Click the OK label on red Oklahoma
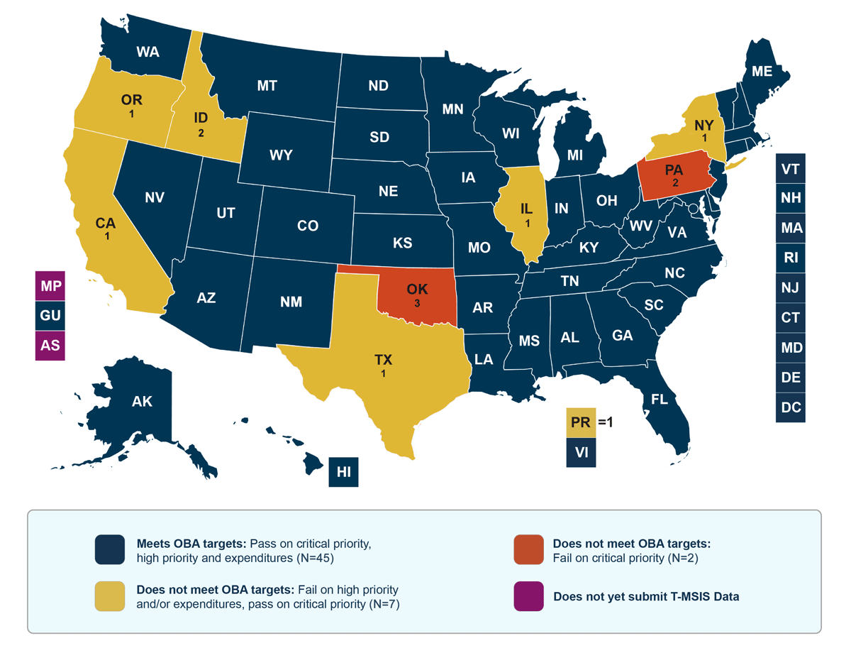point(416,290)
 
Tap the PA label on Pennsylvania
point(674,170)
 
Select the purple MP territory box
point(50,287)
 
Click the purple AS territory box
point(50,346)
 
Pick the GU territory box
point(50,317)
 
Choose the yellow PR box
point(581,422)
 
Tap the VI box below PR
point(581,452)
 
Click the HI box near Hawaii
point(344,471)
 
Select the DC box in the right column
point(791,407)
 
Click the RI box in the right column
point(791,258)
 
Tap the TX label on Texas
point(383,360)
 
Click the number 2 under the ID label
point(201,133)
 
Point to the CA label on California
point(106,223)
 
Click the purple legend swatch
point(528,596)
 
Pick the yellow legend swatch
point(110,596)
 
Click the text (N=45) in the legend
point(315,558)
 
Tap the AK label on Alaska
point(142,402)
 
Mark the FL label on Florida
point(660,400)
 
